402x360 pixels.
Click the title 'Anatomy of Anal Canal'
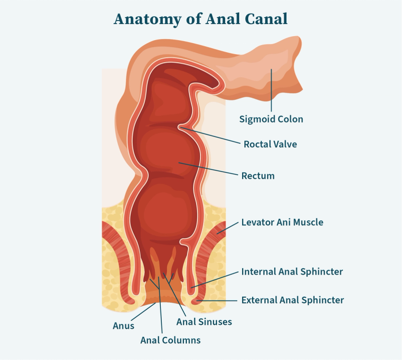200,19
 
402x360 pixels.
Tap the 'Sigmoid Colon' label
271,119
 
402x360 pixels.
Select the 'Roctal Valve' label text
270,144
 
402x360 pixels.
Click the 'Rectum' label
258,176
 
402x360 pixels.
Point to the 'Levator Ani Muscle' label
282,221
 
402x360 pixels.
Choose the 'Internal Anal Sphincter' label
292,272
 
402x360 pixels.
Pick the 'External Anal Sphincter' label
292,300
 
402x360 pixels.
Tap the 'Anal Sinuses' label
204,321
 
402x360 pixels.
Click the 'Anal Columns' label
170,340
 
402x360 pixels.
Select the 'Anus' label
123,325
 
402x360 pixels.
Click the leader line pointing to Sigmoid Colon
271,90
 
